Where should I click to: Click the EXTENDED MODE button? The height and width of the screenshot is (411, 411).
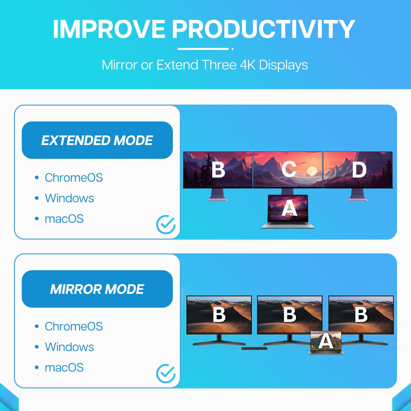97,140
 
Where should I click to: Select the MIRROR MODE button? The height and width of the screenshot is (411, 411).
97,289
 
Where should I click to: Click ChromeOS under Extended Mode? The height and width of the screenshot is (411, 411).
74,177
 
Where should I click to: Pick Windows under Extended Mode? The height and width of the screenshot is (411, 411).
69,198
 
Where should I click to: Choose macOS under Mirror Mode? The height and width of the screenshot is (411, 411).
64,368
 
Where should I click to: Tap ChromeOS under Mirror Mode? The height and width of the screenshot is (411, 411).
74,326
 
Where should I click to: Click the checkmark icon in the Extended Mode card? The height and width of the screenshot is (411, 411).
166,225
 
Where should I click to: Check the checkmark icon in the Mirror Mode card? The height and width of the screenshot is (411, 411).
166,373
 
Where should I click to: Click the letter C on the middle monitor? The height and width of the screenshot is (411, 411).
289,169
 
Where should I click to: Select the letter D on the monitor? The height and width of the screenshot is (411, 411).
359,169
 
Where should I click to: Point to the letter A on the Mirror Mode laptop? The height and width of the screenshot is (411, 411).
326,341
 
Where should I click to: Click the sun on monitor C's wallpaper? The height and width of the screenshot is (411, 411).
312,171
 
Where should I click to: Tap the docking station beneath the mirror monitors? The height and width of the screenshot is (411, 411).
254,348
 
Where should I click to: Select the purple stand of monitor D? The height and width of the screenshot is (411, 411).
357,195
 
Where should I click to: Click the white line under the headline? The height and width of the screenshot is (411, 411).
203,49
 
